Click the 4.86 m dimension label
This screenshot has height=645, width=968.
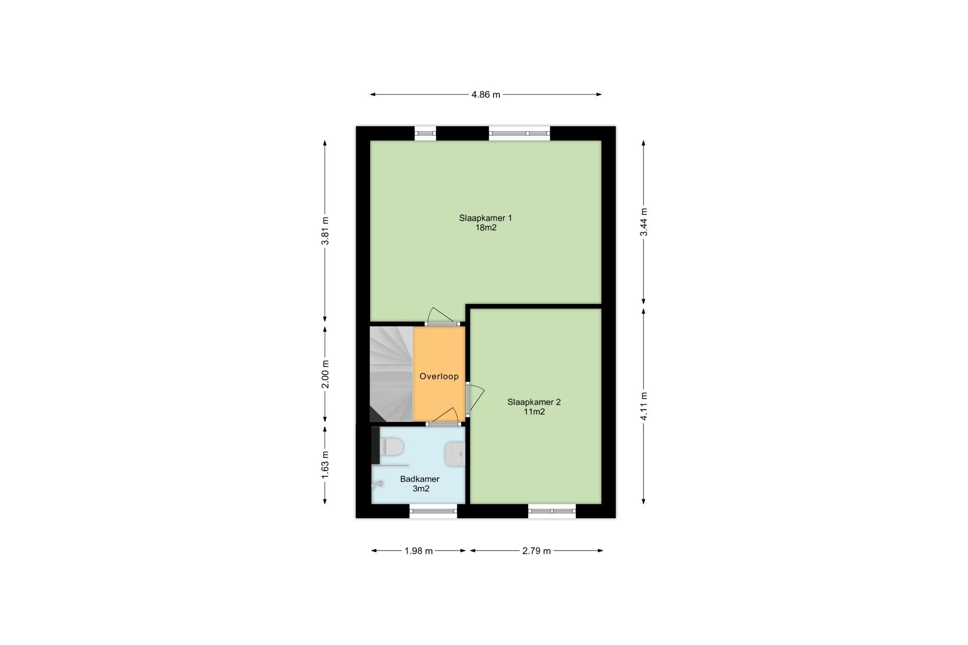[485, 95]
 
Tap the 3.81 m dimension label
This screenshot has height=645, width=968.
[325, 231]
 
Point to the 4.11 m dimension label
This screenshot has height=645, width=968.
[644, 406]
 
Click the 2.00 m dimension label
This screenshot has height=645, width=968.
[325, 374]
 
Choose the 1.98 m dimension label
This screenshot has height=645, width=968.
[419, 551]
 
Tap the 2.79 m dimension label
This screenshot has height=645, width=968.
[536, 551]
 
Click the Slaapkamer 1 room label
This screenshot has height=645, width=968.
[486, 223]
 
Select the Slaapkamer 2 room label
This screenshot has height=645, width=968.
[534, 407]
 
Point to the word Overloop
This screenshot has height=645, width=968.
[439, 377]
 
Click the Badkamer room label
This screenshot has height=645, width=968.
[420, 484]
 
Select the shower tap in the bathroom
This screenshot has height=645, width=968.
[378, 484]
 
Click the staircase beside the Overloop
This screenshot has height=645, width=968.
[391, 374]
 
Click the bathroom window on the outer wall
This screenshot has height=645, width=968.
[433, 511]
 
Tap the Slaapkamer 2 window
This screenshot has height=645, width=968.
[552, 511]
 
